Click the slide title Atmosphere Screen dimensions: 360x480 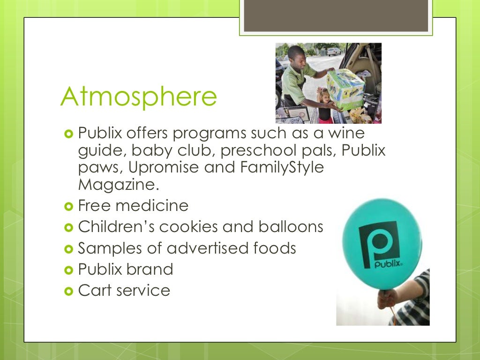[x=138, y=96]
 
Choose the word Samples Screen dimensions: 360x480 [x=107, y=248]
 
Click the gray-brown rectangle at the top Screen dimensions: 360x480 [x=336, y=15]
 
